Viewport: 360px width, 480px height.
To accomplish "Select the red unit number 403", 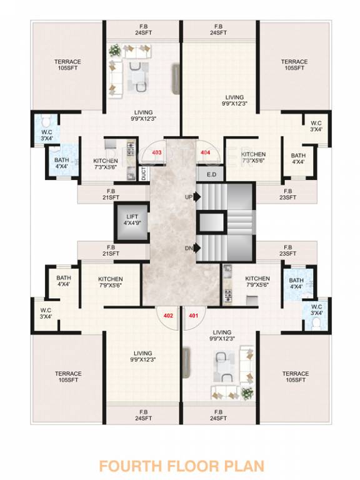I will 157,152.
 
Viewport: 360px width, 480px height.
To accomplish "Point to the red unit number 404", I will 204,152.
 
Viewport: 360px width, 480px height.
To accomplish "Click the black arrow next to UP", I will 197,196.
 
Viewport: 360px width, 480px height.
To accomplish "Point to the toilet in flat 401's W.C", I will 316,321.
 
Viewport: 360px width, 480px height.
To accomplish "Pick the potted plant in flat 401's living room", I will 247,393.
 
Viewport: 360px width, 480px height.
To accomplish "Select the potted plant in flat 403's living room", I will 115,49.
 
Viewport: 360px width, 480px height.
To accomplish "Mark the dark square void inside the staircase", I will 211,222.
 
